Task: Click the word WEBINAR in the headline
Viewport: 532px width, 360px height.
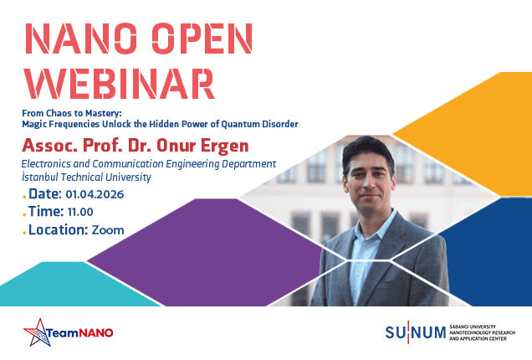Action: (x=120, y=84)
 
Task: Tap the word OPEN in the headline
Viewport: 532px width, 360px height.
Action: (x=202, y=39)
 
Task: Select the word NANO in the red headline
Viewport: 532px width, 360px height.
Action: (x=81, y=39)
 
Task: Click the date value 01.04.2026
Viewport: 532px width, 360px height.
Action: (x=95, y=194)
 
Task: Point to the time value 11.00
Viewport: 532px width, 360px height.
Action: (x=80, y=212)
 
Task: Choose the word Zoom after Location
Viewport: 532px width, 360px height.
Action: (x=108, y=230)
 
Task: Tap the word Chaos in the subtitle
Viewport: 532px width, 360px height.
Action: (x=59, y=113)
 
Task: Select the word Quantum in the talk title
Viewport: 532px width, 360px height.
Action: (x=240, y=124)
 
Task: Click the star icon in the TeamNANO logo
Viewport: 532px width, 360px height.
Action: (x=38, y=332)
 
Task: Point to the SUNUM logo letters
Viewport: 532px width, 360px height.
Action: (x=415, y=332)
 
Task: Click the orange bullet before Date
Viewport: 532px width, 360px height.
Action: (x=24, y=197)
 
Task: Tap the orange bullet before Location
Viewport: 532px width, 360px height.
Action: (x=24, y=233)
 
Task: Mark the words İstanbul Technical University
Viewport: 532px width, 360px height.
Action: (x=86, y=177)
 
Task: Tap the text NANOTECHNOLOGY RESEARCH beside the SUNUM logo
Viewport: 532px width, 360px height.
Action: (x=482, y=333)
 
